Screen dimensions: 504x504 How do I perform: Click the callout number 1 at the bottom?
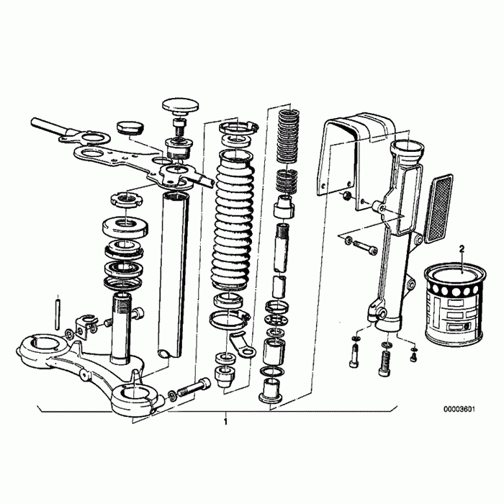tap(225, 421)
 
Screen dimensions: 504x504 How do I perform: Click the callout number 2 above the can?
tap(462, 248)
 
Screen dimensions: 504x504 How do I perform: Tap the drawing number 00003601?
tap(459, 409)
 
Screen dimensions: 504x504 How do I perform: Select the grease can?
tap(454, 305)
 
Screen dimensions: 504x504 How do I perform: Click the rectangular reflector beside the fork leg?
tap(439, 208)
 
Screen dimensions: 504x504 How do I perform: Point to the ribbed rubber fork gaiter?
tap(233, 222)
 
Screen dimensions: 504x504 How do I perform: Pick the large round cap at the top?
tap(180, 106)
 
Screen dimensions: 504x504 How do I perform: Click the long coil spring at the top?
tap(288, 137)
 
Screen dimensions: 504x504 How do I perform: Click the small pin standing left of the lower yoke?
tap(58, 314)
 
